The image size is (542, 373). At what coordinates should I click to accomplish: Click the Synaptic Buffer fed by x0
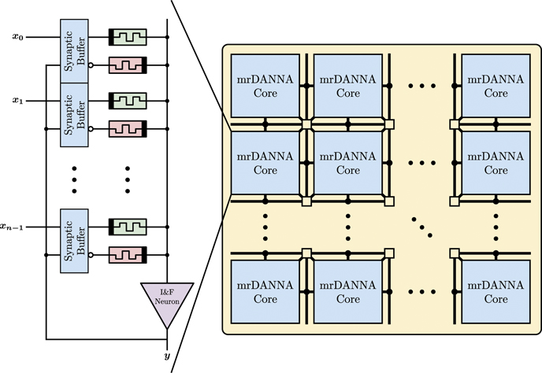(x=75, y=49)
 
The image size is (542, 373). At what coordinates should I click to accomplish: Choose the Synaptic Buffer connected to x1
(x=75, y=114)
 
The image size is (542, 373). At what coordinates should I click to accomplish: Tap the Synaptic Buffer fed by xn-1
(x=75, y=241)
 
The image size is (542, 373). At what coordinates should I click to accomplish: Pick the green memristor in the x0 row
(x=128, y=37)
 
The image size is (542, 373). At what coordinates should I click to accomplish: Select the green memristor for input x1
(x=128, y=101)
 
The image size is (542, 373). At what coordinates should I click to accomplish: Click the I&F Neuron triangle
(x=166, y=301)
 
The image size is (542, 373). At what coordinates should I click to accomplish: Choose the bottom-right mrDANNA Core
(x=496, y=292)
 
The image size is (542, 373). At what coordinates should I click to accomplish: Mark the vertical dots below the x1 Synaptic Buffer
(x=75, y=179)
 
